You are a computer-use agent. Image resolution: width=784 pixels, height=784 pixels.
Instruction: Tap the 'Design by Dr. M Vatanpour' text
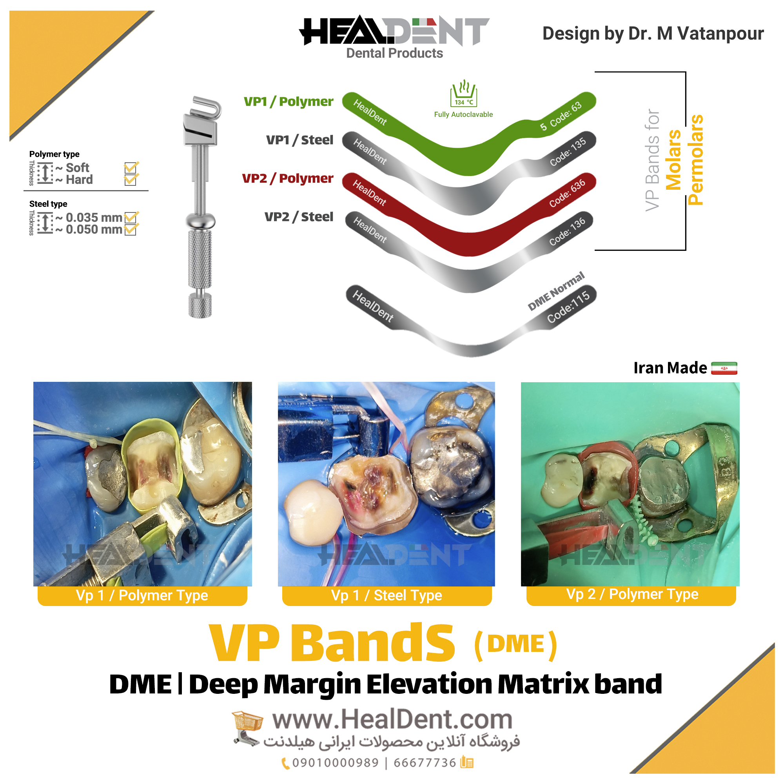pyautogui.click(x=653, y=33)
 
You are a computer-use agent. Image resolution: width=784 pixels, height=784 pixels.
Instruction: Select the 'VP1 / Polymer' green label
pyautogui.click(x=289, y=102)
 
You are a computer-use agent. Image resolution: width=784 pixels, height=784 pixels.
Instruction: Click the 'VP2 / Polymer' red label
pyautogui.click(x=288, y=178)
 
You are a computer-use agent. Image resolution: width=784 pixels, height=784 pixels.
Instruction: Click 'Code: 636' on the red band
pyautogui.click(x=567, y=193)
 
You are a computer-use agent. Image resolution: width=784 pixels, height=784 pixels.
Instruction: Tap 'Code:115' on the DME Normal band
pyautogui.click(x=568, y=307)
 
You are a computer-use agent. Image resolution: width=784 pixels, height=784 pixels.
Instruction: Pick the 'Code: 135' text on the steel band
pyautogui.click(x=568, y=152)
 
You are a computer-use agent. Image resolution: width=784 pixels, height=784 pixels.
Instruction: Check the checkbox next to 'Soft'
pyautogui.click(x=131, y=168)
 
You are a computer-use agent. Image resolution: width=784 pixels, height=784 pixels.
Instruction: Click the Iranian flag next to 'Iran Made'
pyautogui.click(x=724, y=368)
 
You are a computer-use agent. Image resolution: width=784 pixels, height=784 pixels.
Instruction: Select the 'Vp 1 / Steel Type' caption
pyautogui.click(x=387, y=595)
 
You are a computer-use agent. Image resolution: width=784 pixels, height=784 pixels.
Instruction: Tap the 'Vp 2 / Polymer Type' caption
pyautogui.click(x=632, y=594)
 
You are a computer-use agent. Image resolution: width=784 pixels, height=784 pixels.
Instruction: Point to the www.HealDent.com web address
pyautogui.click(x=392, y=720)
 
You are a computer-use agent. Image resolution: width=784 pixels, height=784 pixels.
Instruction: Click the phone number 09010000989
pyautogui.click(x=335, y=763)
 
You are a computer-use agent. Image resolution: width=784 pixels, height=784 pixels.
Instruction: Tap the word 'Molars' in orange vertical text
pyautogui.click(x=673, y=160)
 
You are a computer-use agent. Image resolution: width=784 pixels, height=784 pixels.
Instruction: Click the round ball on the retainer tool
pyautogui.click(x=200, y=221)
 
